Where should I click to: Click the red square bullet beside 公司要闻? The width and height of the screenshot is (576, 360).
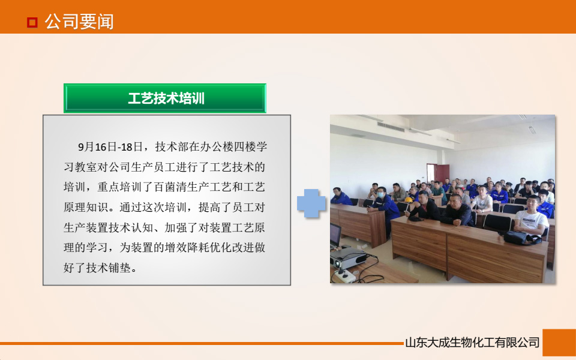[x=32, y=23]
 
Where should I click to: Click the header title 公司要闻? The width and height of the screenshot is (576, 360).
[x=79, y=22]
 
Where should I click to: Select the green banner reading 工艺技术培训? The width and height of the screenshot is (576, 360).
[x=165, y=98]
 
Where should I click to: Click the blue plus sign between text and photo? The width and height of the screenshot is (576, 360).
[x=311, y=203]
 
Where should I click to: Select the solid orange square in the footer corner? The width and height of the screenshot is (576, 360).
[x=559, y=343]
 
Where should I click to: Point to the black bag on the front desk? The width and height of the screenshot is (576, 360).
[x=521, y=238]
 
